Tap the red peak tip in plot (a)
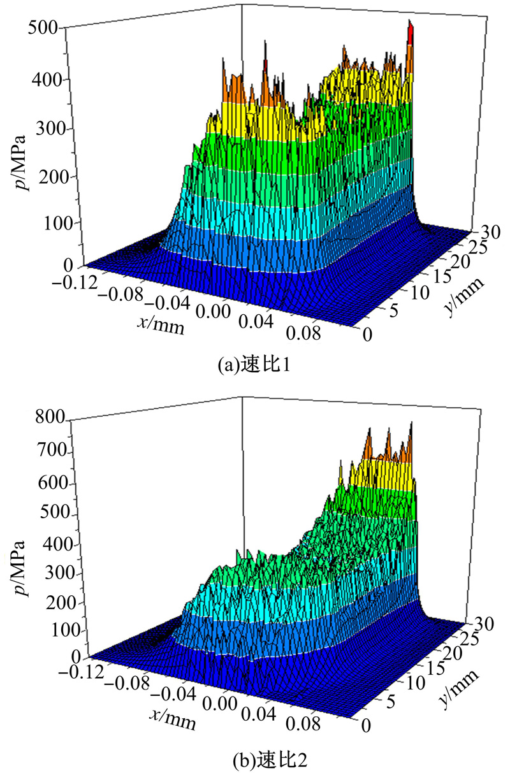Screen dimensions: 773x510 coord(411,32)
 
